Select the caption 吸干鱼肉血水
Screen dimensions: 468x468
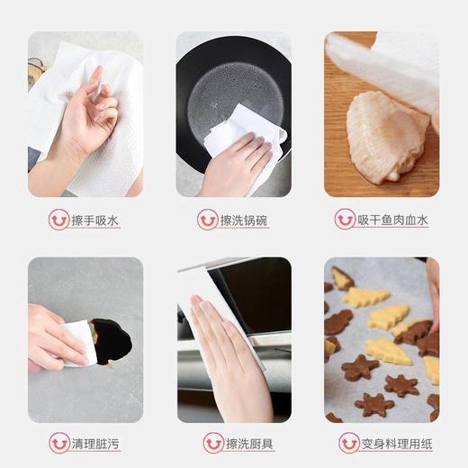392,220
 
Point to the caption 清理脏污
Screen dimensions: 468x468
95,443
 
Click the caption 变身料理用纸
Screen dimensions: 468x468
392,443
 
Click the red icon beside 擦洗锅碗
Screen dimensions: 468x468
207,220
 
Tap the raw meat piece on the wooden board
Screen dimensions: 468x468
385,136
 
